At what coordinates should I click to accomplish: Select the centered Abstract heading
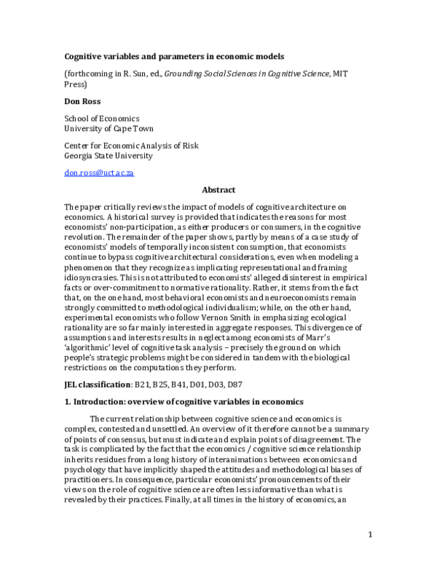click(219, 189)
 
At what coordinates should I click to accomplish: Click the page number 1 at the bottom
click(370, 555)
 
